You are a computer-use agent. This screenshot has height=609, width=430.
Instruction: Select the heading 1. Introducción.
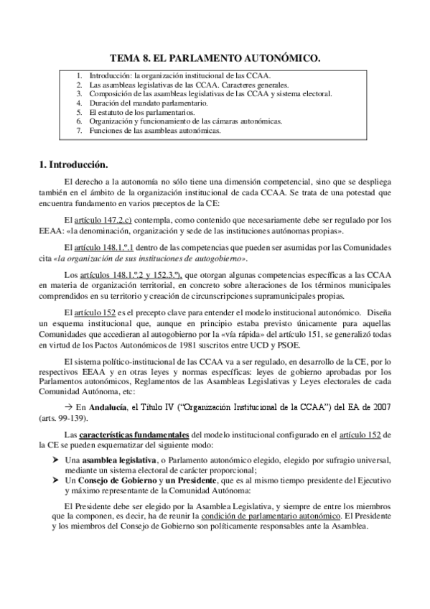pos(73,164)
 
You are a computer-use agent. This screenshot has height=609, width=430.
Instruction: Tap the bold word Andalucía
pos(108,407)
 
